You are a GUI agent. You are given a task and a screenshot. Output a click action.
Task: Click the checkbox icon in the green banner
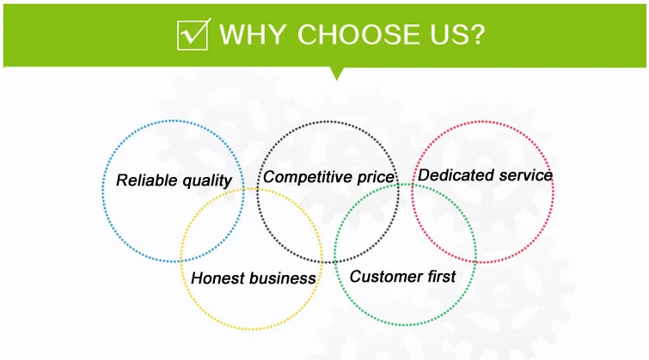coord(193,34)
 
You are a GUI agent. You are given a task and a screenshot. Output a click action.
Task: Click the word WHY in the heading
coord(253,34)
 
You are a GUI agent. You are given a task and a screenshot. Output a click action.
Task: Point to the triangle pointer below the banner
coord(337,73)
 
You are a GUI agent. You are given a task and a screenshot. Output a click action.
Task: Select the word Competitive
coord(308,177)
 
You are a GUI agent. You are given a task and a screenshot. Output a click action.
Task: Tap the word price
coord(376,178)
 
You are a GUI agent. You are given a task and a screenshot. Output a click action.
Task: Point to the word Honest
coord(217,278)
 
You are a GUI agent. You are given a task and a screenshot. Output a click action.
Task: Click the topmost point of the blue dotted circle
coord(173,121)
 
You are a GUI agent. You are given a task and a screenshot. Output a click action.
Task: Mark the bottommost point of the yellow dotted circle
coord(252,329)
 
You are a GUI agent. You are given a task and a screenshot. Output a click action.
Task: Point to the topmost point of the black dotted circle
coord(328,122)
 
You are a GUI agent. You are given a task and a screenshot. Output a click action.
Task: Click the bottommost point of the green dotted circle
coord(406,325)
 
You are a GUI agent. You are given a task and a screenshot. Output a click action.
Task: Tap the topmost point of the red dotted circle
coord(482,122)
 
